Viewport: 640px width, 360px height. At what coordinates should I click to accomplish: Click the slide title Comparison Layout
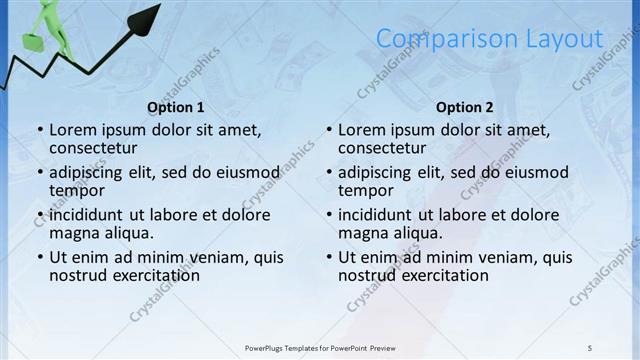[489, 39]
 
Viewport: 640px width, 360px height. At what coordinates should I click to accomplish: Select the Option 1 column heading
[176, 107]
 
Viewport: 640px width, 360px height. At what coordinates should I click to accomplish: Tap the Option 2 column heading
[465, 107]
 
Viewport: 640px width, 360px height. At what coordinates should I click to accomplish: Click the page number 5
[590, 347]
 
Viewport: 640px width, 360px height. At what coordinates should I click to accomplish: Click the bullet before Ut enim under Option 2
[329, 257]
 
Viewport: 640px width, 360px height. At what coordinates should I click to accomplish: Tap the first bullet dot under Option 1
[40, 130]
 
